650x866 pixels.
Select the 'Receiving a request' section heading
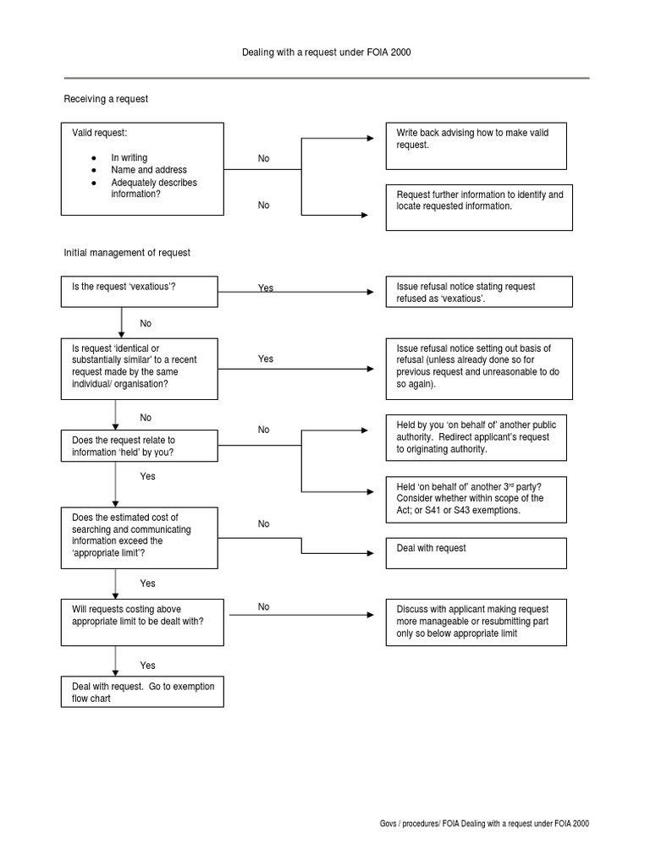point(106,99)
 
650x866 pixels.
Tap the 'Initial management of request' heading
point(127,252)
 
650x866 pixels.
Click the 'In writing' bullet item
point(129,158)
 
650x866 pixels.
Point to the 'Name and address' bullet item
point(148,170)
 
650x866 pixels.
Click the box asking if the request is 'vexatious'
point(142,292)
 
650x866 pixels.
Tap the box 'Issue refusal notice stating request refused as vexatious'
point(478,292)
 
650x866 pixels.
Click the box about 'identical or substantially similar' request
point(142,367)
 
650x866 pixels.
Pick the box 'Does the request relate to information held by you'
point(142,447)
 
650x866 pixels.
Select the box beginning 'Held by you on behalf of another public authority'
point(476,437)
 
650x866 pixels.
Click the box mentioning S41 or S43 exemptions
point(476,499)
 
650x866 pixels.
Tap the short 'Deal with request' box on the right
point(476,553)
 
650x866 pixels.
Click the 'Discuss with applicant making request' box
point(476,622)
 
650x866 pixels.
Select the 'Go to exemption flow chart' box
point(142,693)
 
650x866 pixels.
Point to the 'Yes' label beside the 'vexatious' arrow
point(266,288)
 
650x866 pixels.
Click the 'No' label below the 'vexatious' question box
point(146,323)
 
